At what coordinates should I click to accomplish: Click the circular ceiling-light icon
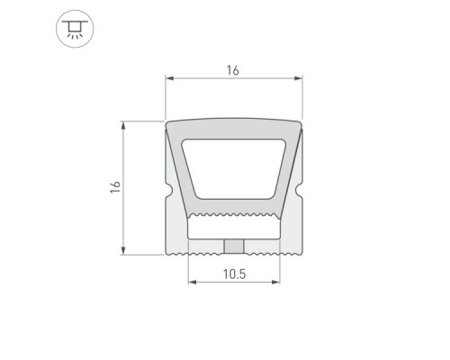click(75, 29)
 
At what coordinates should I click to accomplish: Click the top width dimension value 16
click(233, 70)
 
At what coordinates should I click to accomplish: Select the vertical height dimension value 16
click(115, 187)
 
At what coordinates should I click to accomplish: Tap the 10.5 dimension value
click(234, 274)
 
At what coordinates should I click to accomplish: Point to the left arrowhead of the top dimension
click(170, 78)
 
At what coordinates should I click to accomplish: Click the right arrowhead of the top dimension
click(298, 78)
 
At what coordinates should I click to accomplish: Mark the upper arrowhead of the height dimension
click(123, 125)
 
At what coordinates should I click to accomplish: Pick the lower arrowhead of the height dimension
click(123, 250)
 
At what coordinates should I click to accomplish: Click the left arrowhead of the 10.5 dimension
click(193, 282)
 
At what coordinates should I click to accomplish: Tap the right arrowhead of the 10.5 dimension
click(275, 282)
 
